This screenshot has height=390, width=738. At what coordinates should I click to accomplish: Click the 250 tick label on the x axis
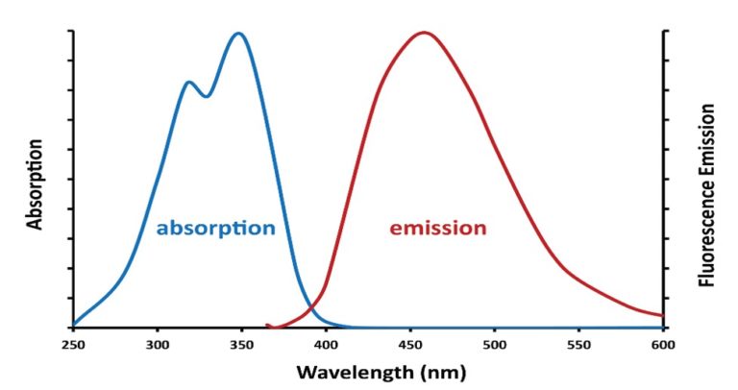click(73, 343)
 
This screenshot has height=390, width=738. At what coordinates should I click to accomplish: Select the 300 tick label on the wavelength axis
click(158, 343)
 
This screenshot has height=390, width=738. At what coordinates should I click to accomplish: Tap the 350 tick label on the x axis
click(241, 343)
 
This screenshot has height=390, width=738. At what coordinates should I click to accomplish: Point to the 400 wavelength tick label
click(326, 343)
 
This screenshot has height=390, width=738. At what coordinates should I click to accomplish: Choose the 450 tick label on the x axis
click(409, 343)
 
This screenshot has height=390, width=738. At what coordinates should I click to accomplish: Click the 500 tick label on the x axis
click(494, 343)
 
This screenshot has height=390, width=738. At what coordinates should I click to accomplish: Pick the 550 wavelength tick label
click(578, 343)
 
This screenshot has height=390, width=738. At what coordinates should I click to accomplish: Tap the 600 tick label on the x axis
click(661, 343)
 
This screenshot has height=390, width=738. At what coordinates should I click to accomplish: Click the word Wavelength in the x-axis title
click(343, 371)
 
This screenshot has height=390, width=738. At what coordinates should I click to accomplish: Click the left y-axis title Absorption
click(36, 185)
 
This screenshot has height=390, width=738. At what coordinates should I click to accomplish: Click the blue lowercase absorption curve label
click(215, 229)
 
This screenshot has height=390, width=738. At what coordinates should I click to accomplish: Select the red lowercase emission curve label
click(437, 229)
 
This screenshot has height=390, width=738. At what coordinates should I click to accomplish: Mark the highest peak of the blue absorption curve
click(238, 34)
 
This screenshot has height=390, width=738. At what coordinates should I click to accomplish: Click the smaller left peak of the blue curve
click(189, 83)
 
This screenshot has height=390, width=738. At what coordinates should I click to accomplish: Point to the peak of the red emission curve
click(424, 33)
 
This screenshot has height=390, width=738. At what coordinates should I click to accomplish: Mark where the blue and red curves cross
click(311, 309)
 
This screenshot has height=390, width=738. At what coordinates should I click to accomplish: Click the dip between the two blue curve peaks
click(206, 96)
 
